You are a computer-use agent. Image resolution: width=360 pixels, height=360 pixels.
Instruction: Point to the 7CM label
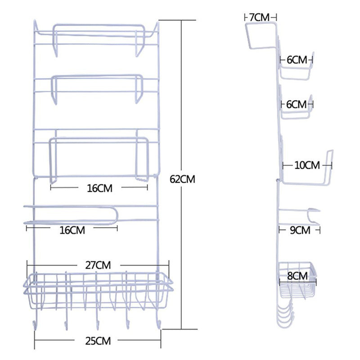point(259,17)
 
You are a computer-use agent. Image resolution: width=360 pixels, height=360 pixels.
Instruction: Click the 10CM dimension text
point(306,165)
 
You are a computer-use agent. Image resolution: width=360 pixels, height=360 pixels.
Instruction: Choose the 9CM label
point(300,230)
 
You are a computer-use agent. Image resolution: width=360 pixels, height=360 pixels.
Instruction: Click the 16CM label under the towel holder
point(72,230)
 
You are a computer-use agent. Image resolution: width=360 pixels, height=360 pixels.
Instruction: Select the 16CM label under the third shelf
point(98,188)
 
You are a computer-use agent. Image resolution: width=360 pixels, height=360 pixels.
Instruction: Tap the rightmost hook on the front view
point(158,323)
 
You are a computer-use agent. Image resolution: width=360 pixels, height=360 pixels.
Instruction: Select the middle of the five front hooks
point(97,323)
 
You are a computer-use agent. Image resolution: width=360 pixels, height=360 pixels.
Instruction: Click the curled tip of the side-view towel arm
point(315,210)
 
